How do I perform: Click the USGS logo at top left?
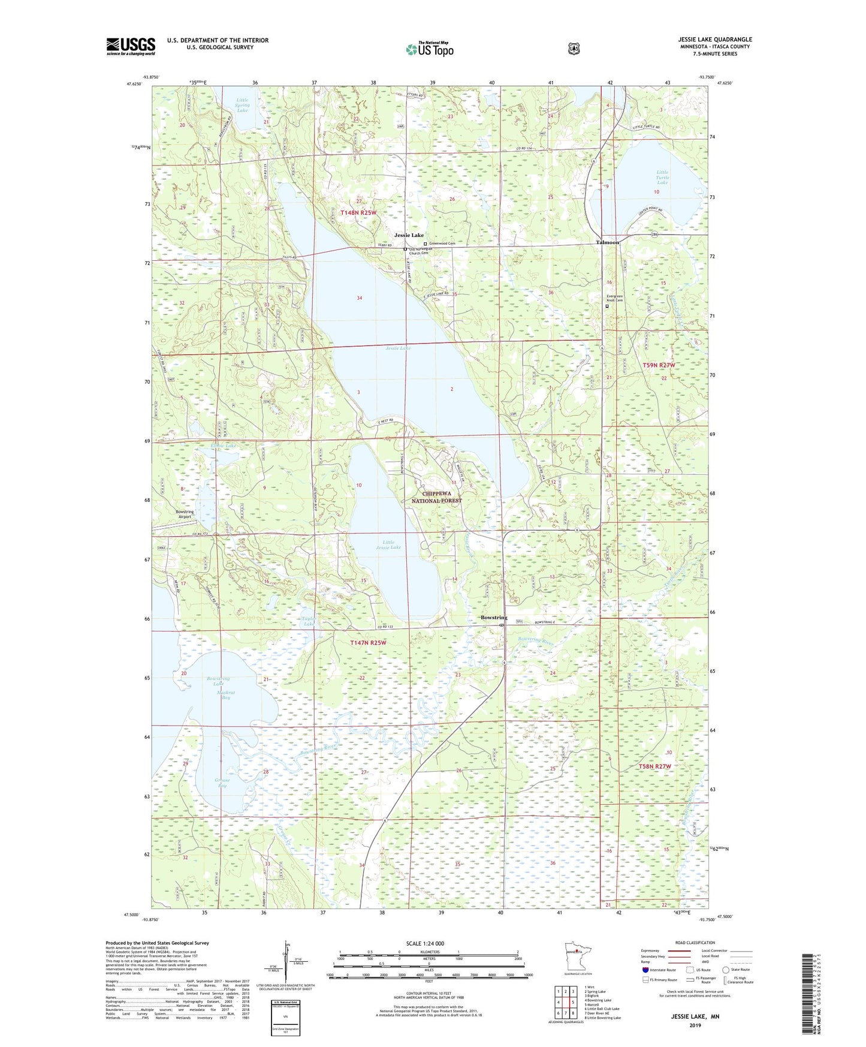click(x=131, y=46)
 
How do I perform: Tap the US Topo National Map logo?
click(x=429, y=49)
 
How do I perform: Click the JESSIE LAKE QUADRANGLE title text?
click(x=711, y=40)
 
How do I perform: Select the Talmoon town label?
click(x=607, y=242)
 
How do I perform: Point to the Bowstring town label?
click(x=494, y=618)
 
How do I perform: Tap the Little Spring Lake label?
click(x=242, y=105)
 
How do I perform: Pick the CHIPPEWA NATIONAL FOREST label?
click(x=436, y=497)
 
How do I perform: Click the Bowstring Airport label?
click(x=184, y=514)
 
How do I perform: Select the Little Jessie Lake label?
click(x=388, y=544)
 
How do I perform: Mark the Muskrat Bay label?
click(x=216, y=694)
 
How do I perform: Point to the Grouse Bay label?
click(x=221, y=783)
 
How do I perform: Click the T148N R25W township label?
click(x=358, y=213)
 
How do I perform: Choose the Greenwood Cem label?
click(x=442, y=243)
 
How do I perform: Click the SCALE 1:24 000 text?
click(x=425, y=943)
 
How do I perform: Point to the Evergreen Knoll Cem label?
click(x=615, y=298)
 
